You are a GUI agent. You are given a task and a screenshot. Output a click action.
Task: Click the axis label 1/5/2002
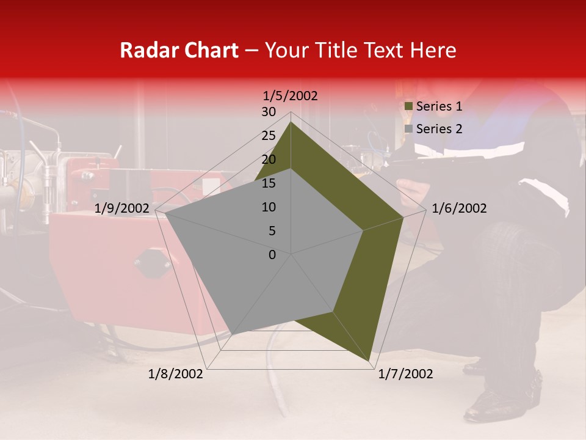point(290,96)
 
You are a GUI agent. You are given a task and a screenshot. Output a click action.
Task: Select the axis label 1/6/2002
point(459,208)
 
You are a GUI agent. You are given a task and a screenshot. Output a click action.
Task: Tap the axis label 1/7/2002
point(405,374)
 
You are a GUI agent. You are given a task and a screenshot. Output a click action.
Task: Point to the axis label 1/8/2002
point(176,374)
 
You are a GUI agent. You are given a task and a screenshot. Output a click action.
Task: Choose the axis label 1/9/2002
point(122,208)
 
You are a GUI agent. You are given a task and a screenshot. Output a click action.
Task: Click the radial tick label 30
point(269,112)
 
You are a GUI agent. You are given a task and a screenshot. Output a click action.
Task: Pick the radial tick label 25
point(269,136)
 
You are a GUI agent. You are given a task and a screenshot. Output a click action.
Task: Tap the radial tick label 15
point(269,183)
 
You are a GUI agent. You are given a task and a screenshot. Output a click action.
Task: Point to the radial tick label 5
point(272,231)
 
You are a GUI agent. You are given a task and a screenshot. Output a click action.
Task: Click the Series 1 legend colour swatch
point(409,106)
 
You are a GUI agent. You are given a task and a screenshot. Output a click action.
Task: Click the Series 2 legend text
point(439,129)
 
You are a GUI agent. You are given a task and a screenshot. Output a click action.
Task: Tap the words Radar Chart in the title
point(179,50)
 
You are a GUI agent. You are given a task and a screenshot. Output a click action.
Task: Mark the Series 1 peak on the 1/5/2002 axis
point(291,122)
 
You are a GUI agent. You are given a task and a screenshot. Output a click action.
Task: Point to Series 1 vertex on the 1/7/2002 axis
point(371,361)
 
